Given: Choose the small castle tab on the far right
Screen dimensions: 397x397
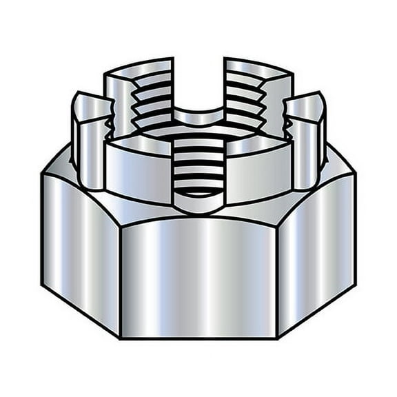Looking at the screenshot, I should tap(306, 138).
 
